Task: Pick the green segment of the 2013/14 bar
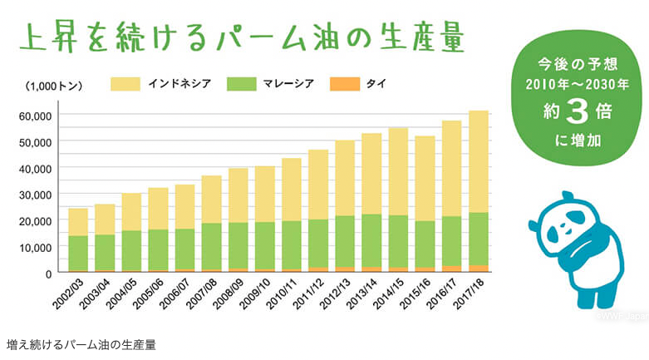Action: [x=371, y=240]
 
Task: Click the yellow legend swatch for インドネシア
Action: [x=125, y=84]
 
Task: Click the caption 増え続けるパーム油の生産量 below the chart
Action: [x=81, y=343]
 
